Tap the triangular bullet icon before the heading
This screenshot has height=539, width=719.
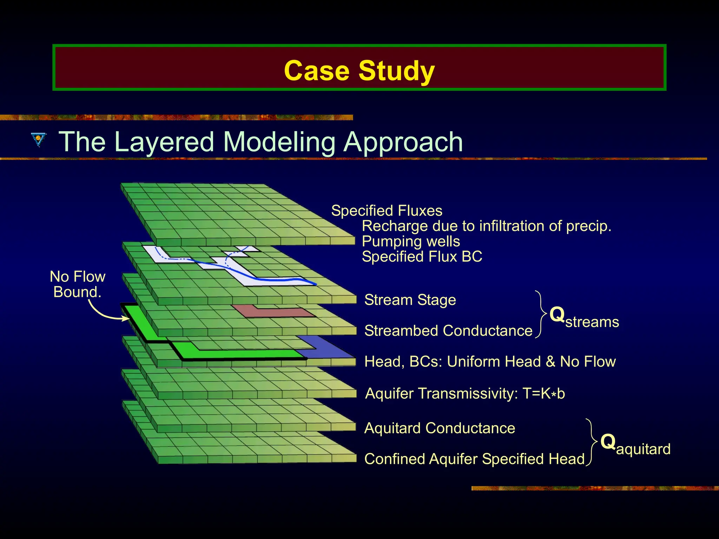click(38, 139)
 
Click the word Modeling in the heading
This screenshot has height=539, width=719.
click(279, 142)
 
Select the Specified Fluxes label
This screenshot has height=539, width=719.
click(387, 211)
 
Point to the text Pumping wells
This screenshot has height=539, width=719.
click(411, 241)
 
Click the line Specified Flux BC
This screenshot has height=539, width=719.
click(422, 257)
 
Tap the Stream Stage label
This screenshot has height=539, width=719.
click(410, 300)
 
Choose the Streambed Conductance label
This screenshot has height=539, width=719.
click(448, 331)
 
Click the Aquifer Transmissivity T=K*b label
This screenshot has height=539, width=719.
click(465, 393)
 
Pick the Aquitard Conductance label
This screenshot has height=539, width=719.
click(440, 428)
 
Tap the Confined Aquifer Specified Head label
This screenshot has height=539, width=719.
click(474, 459)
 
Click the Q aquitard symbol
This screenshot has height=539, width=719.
click(635, 445)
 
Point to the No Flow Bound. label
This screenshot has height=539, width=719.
click(78, 284)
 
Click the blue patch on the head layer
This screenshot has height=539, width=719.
click(326, 347)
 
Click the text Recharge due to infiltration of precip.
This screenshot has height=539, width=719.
click(486, 226)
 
